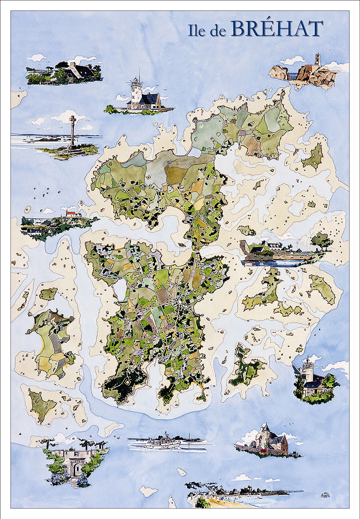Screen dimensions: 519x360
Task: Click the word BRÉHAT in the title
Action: (x=277, y=29)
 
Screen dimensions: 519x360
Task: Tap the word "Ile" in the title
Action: (x=198, y=30)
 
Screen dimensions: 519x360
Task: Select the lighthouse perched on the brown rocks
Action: (x=318, y=60)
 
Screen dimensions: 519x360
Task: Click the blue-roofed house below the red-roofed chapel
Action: (x=34, y=230)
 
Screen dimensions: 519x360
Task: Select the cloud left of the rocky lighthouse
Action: (x=293, y=61)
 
